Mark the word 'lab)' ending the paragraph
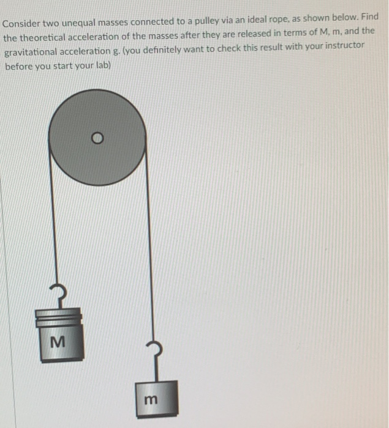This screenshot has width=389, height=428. pyautogui.click(x=100, y=63)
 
